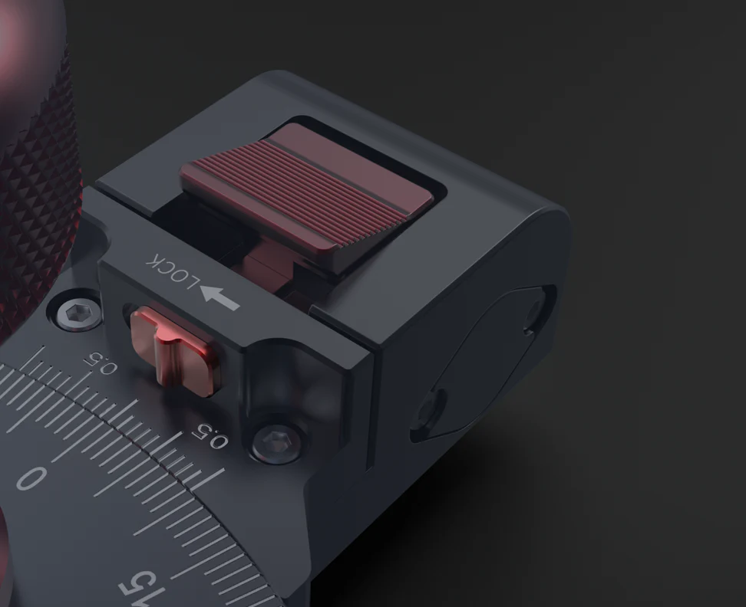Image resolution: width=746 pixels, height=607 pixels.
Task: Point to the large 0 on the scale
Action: coord(31,477)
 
